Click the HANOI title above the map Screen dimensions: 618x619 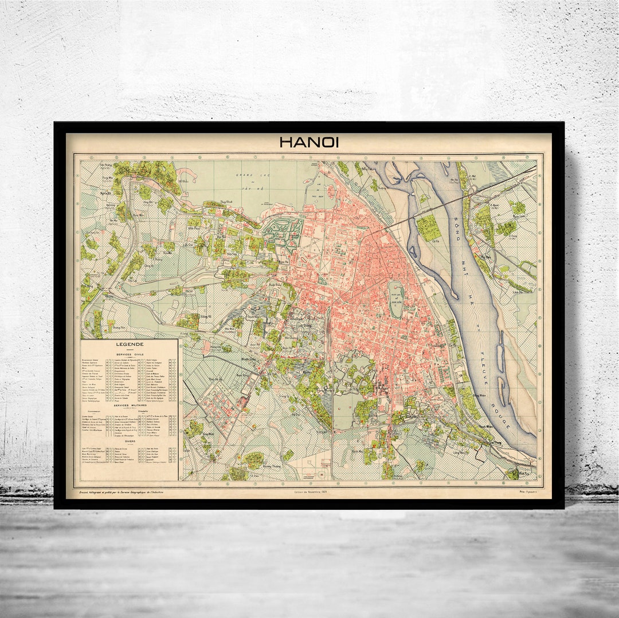tap(309, 142)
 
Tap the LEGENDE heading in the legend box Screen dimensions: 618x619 tap(130, 345)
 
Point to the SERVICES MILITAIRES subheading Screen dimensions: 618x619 tap(130, 405)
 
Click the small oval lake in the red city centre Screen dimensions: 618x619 tap(395, 299)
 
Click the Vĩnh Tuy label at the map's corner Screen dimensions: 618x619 tap(524, 474)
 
